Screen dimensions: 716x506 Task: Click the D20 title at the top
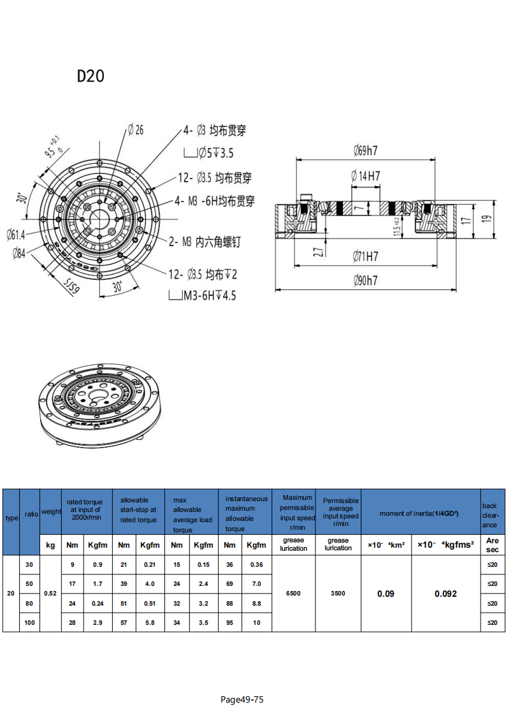90,76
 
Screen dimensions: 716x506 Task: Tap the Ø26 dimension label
135,130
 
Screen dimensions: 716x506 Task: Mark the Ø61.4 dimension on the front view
16,235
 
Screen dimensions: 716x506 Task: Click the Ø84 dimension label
19,254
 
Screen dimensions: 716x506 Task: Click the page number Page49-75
242,699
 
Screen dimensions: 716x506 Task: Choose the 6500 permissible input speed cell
293,593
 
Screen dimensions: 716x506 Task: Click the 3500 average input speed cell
338,593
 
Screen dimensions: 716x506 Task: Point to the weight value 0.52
50,593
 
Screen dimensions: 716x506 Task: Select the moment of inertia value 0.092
445,593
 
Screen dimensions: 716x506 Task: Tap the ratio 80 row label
29,603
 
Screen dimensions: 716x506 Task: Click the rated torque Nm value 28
73,622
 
